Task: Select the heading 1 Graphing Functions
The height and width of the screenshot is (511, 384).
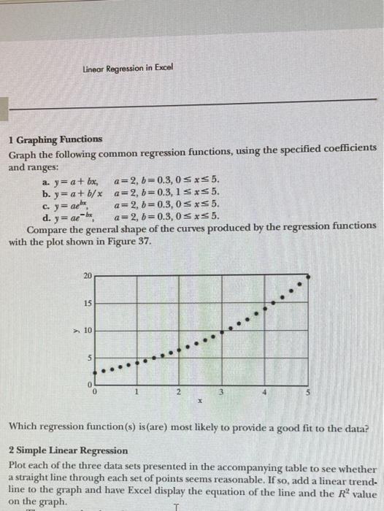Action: pyautogui.click(x=55, y=138)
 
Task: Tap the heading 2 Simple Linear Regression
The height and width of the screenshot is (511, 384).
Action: pyautogui.click(x=68, y=450)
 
